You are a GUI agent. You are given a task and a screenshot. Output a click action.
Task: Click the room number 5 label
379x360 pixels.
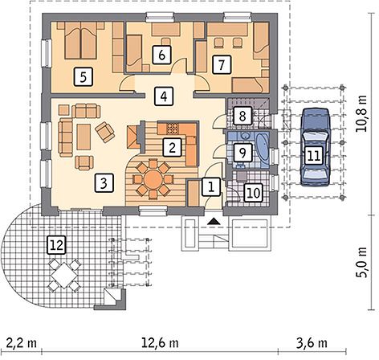pos(84,77)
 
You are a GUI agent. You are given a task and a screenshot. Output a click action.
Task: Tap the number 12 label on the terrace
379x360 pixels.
pos(56,245)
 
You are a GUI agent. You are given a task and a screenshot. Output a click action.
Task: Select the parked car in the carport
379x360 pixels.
pos(315,146)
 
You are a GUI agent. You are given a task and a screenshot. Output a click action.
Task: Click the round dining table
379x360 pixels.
pos(153,179)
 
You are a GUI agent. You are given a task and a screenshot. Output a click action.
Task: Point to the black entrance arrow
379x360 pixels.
pos(214,221)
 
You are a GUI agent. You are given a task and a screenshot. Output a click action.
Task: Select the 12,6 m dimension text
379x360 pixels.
pos(160,342)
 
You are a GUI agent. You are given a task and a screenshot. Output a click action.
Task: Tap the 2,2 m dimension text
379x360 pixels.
pos(22,342)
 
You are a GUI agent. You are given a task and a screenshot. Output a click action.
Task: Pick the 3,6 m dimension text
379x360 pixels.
pos(312,342)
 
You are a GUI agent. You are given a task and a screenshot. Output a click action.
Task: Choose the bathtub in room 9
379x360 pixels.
pos(263,149)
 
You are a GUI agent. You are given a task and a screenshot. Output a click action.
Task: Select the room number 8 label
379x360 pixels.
pos(242,116)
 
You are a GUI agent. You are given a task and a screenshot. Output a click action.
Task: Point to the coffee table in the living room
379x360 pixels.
pos(84,137)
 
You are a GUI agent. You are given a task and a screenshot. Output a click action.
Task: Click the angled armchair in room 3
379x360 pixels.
pos(104,131)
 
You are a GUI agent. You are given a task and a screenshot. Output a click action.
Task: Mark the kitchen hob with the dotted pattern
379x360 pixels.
pos(173,129)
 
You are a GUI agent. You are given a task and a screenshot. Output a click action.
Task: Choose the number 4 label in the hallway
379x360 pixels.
pos(164,96)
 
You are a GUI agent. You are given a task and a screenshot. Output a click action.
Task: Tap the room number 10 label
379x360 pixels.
pos(253,193)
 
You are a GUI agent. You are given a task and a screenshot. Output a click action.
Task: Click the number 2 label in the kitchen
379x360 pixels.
pos(172,147)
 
